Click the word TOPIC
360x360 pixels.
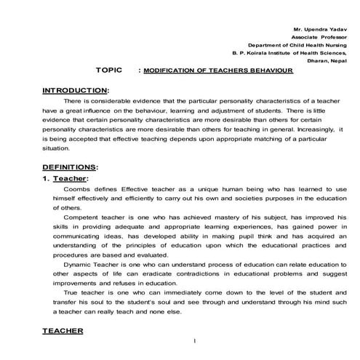(x=111, y=71)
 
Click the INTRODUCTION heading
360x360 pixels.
(x=75, y=90)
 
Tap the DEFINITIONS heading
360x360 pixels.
(x=69, y=167)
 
